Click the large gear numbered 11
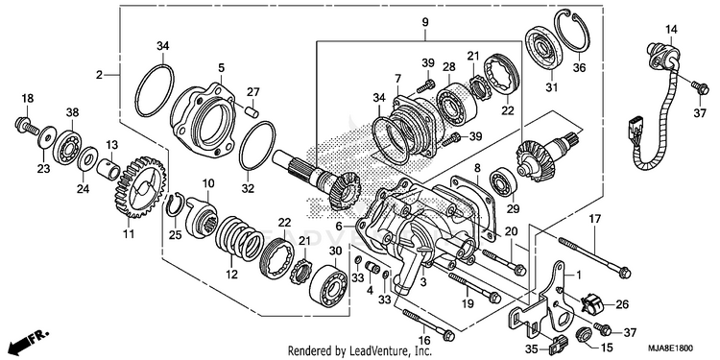(x=138, y=187)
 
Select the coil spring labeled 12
(x=239, y=239)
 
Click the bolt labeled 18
(x=28, y=126)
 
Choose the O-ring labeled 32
(x=257, y=145)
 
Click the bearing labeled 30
(x=328, y=286)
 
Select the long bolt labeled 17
(x=594, y=256)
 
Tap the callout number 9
(x=424, y=21)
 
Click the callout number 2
(x=99, y=74)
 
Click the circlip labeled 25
(x=175, y=204)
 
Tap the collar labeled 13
(x=108, y=168)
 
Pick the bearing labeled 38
(x=67, y=148)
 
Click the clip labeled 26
(x=592, y=304)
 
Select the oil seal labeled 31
(x=544, y=48)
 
